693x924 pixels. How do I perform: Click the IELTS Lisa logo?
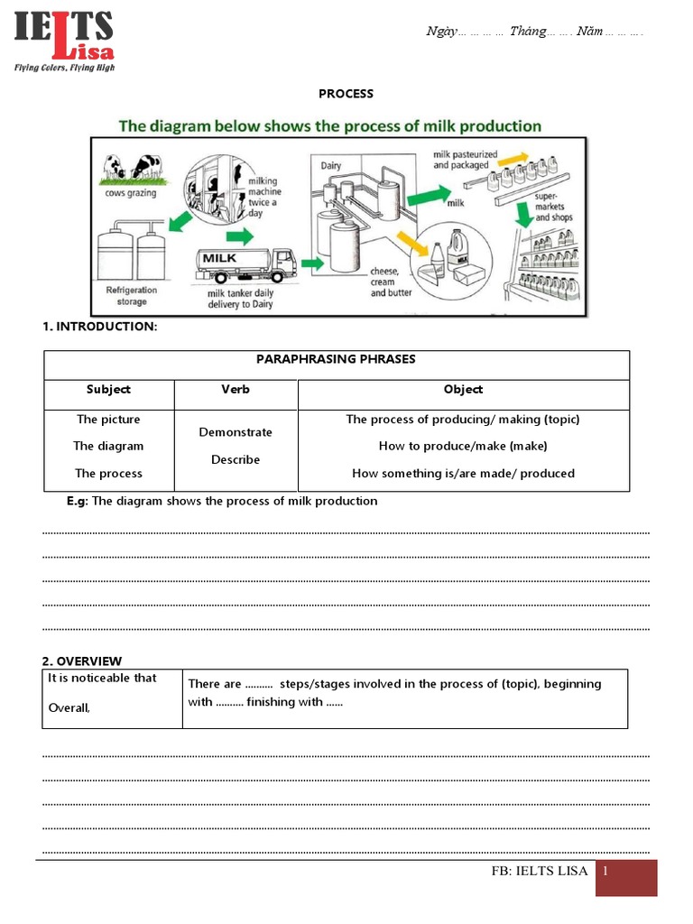pos(64,41)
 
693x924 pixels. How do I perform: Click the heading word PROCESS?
pos(346,94)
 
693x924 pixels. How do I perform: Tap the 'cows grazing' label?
pos(130,193)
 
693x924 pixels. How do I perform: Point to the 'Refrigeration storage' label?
pos(132,296)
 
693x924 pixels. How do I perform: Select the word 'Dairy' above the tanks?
pos(331,166)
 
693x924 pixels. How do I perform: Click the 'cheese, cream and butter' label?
pos(389,282)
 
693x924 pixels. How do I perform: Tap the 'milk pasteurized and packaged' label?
pos(460,160)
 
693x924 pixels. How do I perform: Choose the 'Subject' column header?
pos(108,390)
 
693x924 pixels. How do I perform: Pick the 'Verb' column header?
pos(236,390)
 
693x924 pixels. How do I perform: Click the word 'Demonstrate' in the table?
pos(236,432)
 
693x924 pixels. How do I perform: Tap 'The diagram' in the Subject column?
pos(108,446)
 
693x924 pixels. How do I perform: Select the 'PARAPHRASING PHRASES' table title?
pos(337,359)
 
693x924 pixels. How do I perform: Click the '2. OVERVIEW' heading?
pos(82,661)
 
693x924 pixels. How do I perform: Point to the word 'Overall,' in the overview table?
pos(69,707)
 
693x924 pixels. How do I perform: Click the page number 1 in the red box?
pos(607,872)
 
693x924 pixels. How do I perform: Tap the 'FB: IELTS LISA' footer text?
pos(539,872)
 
